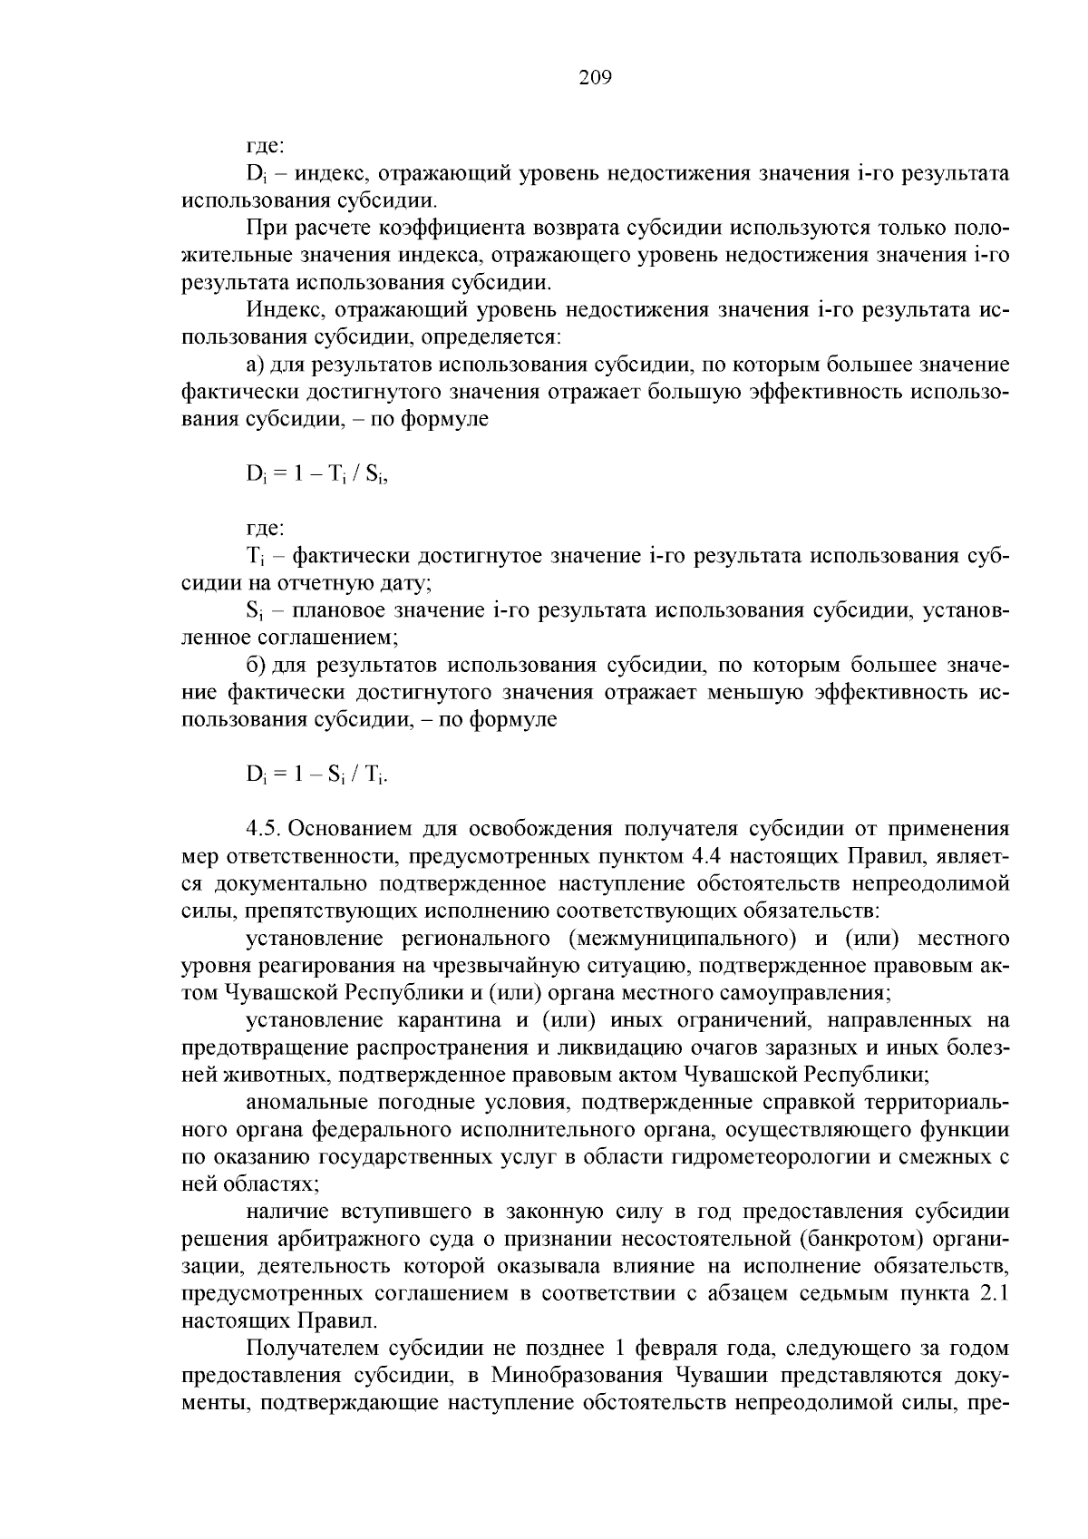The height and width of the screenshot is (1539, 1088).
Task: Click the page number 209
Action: point(596,77)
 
